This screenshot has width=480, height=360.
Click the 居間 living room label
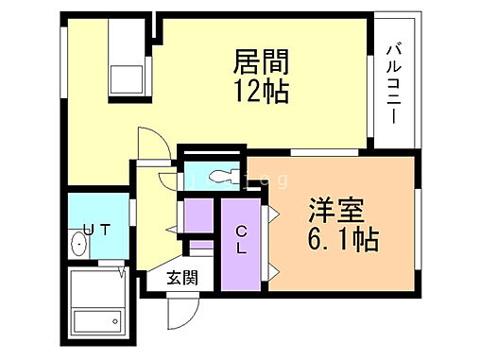(x=261, y=64)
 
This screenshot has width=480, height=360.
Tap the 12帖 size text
(x=261, y=94)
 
